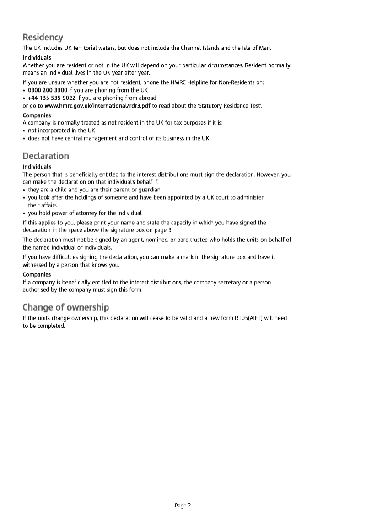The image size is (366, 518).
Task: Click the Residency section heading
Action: (x=43, y=37)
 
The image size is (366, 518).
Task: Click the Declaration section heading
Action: (x=46, y=156)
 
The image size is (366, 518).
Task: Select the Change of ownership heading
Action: (x=66, y=307)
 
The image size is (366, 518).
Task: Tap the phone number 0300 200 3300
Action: (x=48, y=90)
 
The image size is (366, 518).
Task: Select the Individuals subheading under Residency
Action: (x=37, y=58)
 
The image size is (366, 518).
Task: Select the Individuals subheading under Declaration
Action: (x=37, y=167)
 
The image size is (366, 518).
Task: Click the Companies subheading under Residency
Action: (x=37, y=115)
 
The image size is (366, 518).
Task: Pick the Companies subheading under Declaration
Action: (x=37, y=275)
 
